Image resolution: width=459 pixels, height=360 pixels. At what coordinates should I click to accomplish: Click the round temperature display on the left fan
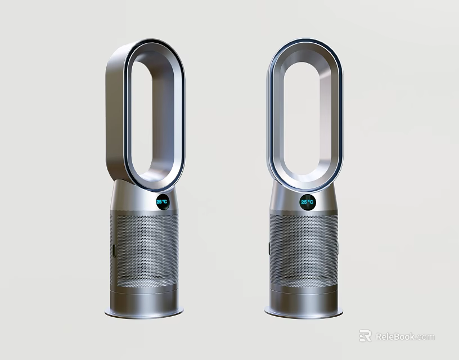pyautogui.click(x=161, y=202)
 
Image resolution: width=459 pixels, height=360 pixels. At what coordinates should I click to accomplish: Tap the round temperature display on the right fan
pyautogui.click(x=307, y=202)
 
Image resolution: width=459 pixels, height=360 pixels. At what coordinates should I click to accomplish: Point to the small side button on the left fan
pyautogui.click(x=113, y=251)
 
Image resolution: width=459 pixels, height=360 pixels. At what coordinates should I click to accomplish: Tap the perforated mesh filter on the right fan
pyautogui.click(x=304, y=247)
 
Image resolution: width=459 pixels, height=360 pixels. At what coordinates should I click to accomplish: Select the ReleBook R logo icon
pyautogui.click(x=366, y=336)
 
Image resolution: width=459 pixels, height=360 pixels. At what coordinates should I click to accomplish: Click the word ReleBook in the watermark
pyautogui.click(x=395, y=336)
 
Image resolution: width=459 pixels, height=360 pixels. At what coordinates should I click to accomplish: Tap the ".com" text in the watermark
pyautogui.click(x=425, y=337)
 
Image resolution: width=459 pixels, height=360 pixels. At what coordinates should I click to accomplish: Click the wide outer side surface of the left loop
pyautogui.click(x=115, y=112)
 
